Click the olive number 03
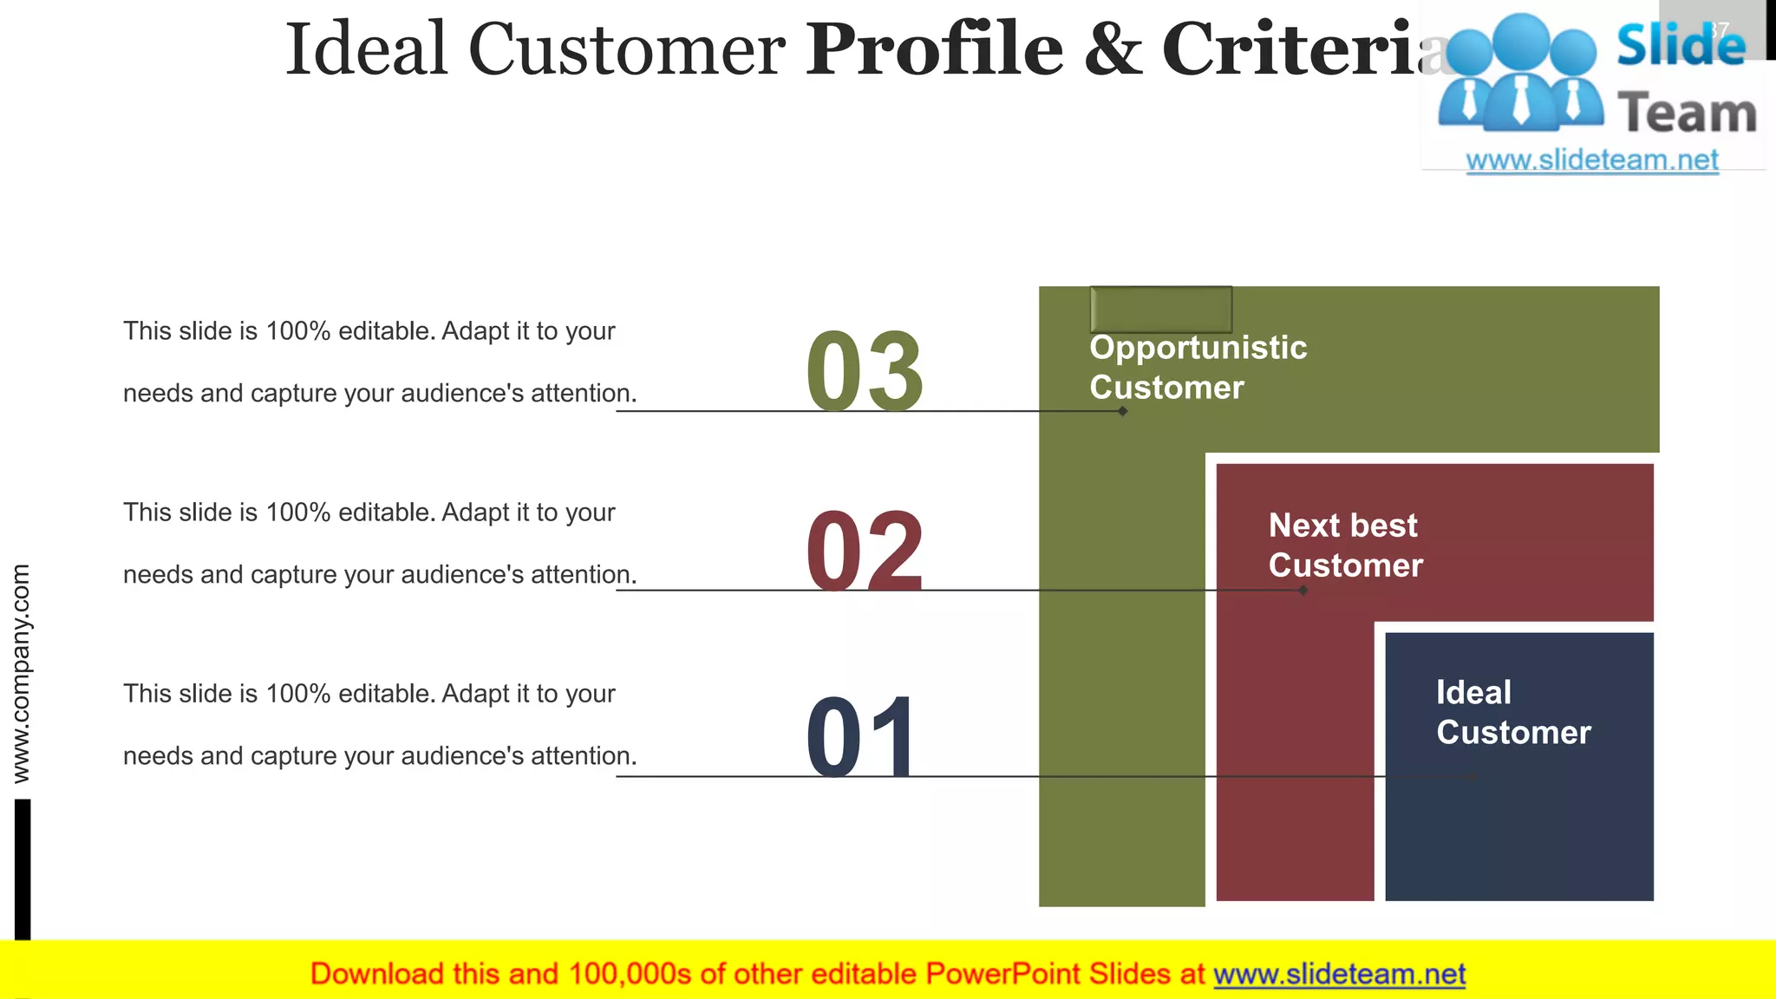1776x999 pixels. (x=865, y=371)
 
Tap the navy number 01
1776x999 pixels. (x=861, y=737)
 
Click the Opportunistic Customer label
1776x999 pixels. (x=1198, y=367)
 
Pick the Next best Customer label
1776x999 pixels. (x=1345, y=545)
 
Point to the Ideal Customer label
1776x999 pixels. (x=1513, y=712)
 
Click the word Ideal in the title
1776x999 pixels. (x=366, y=49)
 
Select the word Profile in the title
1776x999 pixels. (x=934, y=49)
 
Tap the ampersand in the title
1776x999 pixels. (x=1113, y=50)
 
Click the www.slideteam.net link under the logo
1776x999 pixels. (x=1592, y=160)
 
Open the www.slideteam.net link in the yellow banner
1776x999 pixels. (x=1339, y=974)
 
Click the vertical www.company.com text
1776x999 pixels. (x=22, y=674)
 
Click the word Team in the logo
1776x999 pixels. (x=1687, y=114)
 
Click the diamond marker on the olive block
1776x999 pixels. (x=1123, y=411)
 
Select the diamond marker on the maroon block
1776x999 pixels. (x=1303, y=591)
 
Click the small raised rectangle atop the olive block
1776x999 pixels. (x=1160, y=309)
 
